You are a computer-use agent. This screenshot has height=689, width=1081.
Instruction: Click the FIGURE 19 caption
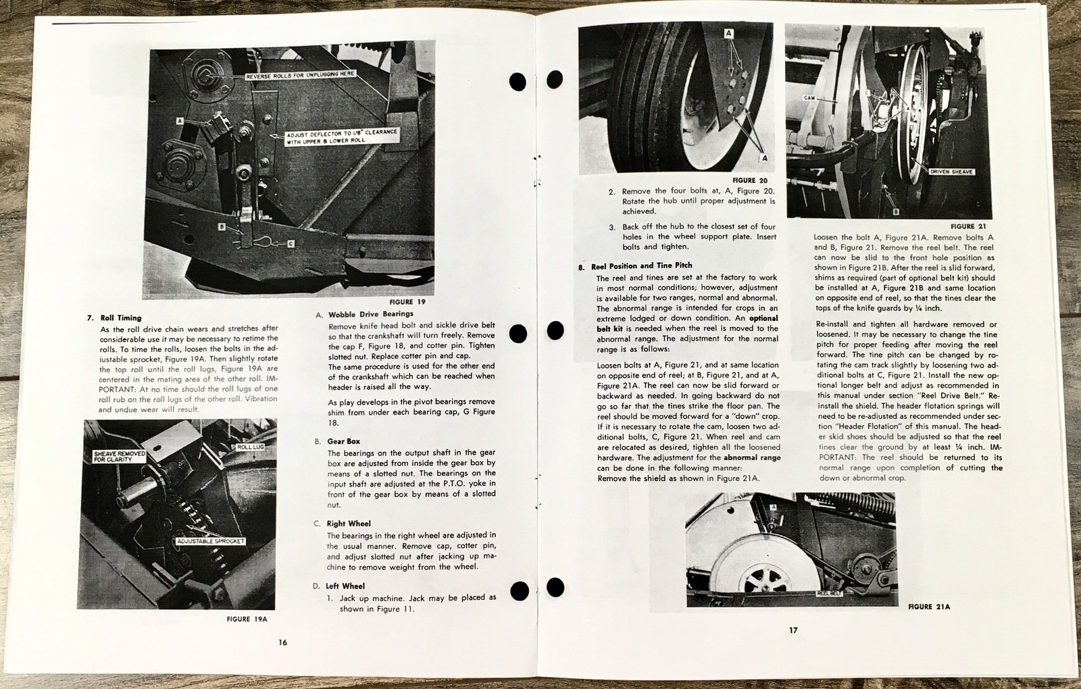[x=407, y=302]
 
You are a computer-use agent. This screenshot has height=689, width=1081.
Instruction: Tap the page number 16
[x=283, y=642]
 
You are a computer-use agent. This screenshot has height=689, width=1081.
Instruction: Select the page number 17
[x=793, y=630]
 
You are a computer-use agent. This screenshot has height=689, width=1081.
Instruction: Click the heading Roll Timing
[x=121, y=317]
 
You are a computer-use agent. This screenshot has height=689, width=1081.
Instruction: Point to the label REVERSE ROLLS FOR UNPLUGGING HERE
[x=299, y=74]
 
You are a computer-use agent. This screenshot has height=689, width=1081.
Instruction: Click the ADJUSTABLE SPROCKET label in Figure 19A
[x=210, y=541]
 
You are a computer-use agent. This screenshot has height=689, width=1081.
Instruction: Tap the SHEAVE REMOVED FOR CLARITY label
[x=120, y=456]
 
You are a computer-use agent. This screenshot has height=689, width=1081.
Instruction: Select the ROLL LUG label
[x=251, y=448]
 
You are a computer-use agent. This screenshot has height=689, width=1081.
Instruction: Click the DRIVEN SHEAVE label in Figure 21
[x=951, y=172]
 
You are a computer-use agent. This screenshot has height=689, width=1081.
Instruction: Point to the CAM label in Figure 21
[x=809, y=98]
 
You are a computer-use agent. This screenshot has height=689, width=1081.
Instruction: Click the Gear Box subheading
[x=344, y=441]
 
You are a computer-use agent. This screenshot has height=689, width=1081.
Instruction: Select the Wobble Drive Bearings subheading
[x=370, y=314]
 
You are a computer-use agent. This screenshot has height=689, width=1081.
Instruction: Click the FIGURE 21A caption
[x=929, y=607]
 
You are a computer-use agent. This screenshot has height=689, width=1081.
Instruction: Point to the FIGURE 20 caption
[x=749, y=180]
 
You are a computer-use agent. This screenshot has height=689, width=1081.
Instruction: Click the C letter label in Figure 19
[x=291, y=243]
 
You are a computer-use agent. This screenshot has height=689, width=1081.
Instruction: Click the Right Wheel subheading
[x=349, y=524]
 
